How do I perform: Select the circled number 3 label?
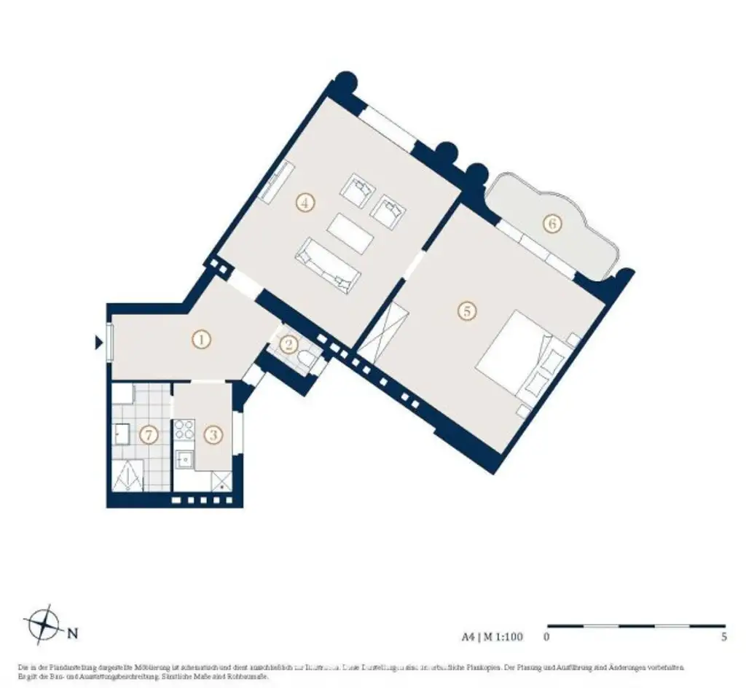point(213,436)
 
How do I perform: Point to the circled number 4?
point(305,203)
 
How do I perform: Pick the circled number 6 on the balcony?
point(552,223)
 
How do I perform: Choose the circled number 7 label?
point(149,436)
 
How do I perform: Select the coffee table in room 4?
point(350,233)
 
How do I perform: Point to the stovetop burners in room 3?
point(184,429)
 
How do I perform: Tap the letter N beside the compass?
point(73,633)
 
